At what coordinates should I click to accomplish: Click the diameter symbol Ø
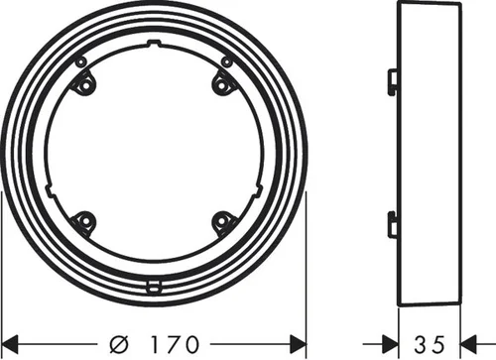[x=119, y=344]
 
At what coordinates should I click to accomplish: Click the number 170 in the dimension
[x=176, y=344]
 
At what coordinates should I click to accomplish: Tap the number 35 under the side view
[x=430, y=344]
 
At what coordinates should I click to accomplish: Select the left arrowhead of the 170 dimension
[x=10, y=344]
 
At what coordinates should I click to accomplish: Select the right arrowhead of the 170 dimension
[x=298, y=344]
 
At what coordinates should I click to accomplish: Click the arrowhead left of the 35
[x=390, y=344]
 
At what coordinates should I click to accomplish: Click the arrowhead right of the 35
[x=469, y=344]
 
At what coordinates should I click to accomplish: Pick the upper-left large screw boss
[x=84, y=84]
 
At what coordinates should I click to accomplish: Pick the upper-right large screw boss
[x=222, y=85]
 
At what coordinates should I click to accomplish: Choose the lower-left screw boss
[x=84, y=221]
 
